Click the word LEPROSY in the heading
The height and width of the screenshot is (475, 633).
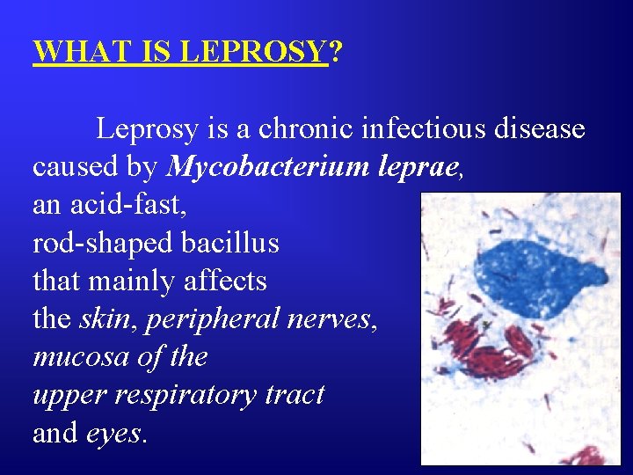(253, 52)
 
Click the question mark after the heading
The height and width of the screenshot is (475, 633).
(335, 52)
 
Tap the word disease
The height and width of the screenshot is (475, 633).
(543, 128)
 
